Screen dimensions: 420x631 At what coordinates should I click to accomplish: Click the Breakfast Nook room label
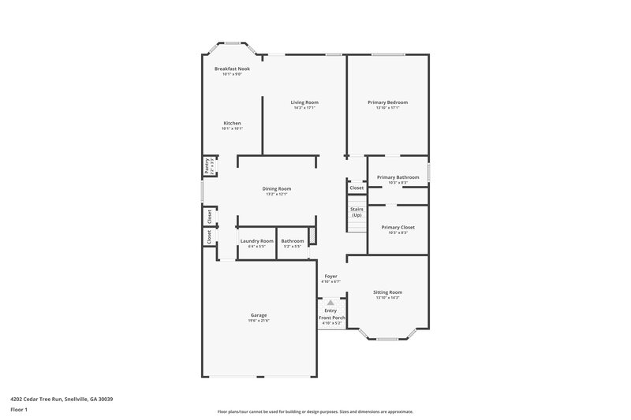(232, 69)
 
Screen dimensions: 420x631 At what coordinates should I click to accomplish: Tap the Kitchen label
(232, 123)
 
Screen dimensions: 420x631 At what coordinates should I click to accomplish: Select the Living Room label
(304, 102)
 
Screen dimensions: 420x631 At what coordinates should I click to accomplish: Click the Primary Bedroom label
(387, 102)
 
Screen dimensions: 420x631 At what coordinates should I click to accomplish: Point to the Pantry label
(207, 165)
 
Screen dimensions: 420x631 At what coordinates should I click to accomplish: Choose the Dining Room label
(277, 188)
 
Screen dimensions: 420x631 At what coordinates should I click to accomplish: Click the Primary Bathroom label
(398, 177)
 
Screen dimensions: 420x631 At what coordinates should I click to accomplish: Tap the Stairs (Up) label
(357, 211)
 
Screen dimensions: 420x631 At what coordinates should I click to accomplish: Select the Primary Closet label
(398, 227)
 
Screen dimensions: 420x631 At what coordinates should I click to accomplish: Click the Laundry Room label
(257, 240)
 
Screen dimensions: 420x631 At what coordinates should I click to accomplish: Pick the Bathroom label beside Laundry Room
(293, 240)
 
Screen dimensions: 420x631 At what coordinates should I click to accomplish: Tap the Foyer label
(331, 276)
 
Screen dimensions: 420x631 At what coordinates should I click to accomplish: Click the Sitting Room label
(387, 292)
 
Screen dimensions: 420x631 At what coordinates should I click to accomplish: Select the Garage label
(259, 314)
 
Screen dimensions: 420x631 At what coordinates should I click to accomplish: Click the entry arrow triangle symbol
(331, 301)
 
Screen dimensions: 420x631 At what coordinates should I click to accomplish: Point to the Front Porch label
(331, 317)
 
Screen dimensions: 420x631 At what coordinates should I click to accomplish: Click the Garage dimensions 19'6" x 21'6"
(259, 320)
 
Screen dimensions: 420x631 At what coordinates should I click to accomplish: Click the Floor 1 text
(19, 410)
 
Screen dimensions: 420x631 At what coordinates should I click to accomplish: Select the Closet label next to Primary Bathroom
(357, 188)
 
